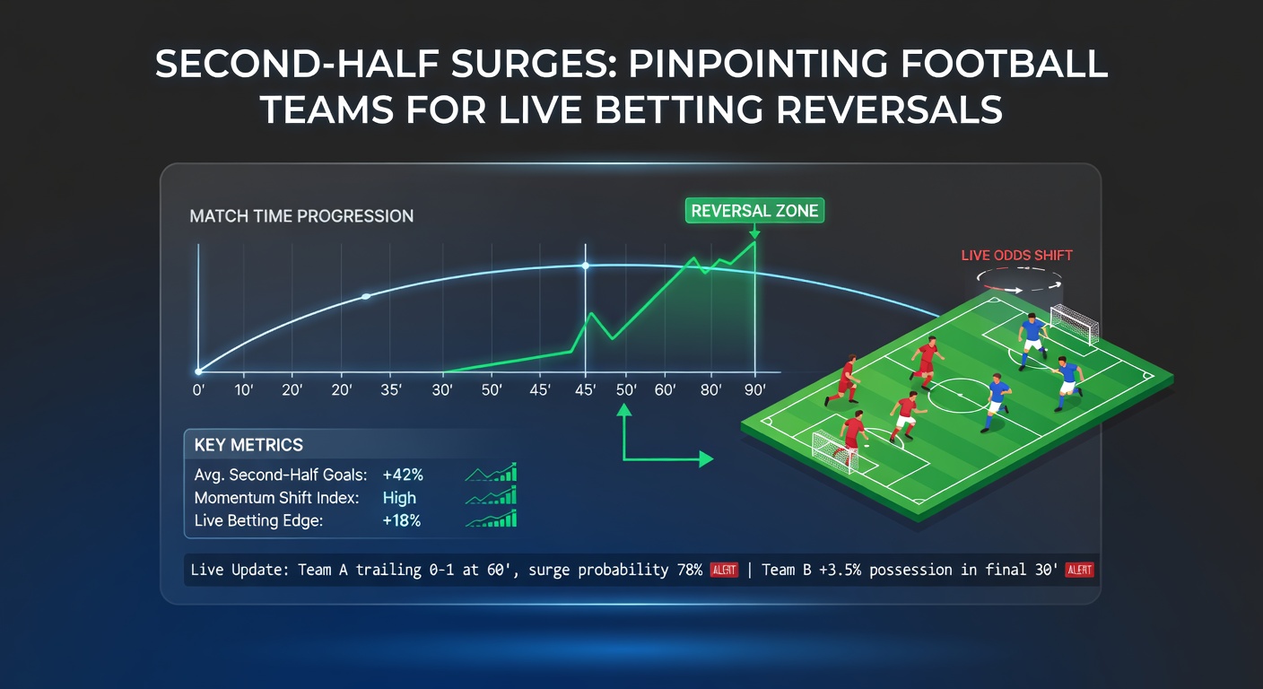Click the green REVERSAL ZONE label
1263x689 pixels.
point(754,210)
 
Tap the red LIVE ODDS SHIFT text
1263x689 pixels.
point(1016,256)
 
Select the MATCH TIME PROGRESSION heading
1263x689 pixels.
point(301,216)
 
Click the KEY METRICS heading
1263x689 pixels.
point(248,445)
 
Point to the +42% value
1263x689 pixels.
point(403,475)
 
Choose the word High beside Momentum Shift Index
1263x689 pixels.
point(399,498)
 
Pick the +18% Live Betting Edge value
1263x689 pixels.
point(402,520)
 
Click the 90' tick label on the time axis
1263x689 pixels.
point(755,389)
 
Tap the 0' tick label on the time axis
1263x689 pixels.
point(198,389)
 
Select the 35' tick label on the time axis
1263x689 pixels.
point(391,389)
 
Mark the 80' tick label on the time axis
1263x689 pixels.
point(711,389)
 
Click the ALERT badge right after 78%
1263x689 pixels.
point(724,570)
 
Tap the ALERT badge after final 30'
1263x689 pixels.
point(1079,570)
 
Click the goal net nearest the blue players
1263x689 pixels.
point(1075,323)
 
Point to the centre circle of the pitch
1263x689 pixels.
point(960,396)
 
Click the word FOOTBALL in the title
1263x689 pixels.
point(1004,64)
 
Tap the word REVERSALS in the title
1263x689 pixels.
point(889,109)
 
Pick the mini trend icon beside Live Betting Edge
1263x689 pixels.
point(491,519)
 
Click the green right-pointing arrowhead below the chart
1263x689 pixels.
point(707,459)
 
